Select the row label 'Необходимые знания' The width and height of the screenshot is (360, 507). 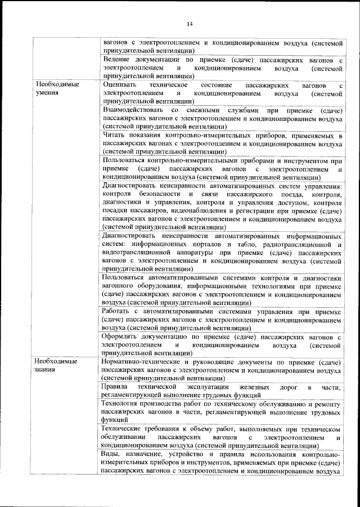coord(56,365)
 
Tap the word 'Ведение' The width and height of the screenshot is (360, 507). coord(119,59)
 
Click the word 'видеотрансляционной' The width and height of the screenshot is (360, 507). coord(138,254)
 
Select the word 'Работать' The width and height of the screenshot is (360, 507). coord(119,312)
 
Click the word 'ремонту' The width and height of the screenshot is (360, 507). coord(327,404)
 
